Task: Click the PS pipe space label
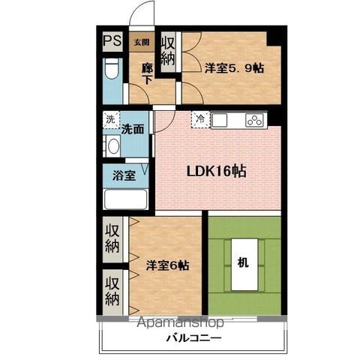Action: click(x=112, y=40)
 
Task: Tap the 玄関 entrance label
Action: click(x=142, y=42)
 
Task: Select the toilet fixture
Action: click(x=112, y=69)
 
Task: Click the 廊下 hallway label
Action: click(x=147, y=74)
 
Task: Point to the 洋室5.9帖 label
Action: click(x=234, y=68)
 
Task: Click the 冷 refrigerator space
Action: click(x=201, y=120)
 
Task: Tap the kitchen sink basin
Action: click(x=220, y=120)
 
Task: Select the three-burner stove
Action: click(x=255, y=120)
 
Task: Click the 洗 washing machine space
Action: click(x=111, y=120)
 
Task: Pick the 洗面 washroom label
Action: click(x=133, y=129)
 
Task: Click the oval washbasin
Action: click(x=114, y=146)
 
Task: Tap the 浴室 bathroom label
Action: click(x=124, y=175)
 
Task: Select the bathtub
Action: click(x=125, y=199)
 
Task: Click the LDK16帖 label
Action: click(x=217, y=172)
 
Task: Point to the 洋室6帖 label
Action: click(x=167, y=265)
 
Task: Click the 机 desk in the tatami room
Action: click(x=244, y=265)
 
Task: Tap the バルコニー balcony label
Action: click(x=194, y=338)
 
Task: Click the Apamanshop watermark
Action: click(x=181, y=322)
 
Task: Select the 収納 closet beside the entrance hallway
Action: click(x=168, y=52)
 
